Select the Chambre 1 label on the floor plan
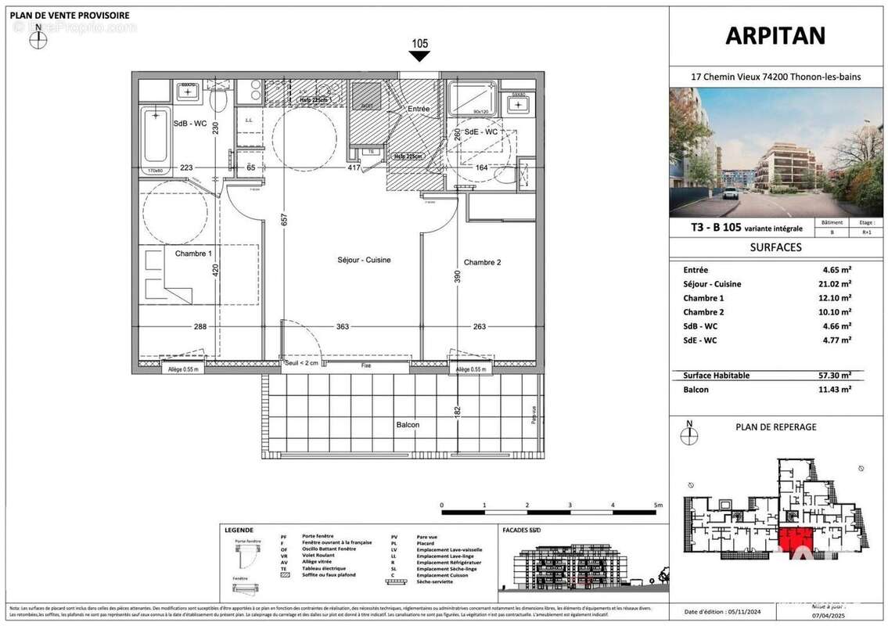coord(192,254)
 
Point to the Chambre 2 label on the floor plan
coord(482,262)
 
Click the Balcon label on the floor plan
coord(407,425)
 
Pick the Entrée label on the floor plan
coord(418,109)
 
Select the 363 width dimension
coord(342,327)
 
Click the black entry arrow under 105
coord(419,58)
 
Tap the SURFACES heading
coord(775,247)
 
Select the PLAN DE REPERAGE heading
coord(776,427)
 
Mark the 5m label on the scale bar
coord(657,505)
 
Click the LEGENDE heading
coord(239,530)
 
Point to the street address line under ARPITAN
coord(775,76)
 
